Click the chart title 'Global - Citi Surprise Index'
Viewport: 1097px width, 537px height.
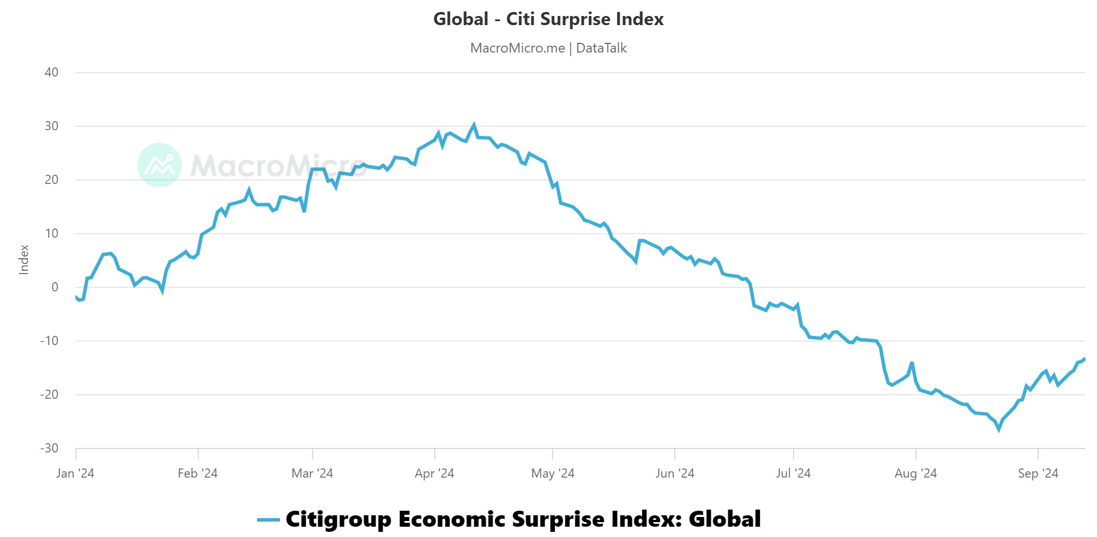pyautogui.click(x=548, y=19)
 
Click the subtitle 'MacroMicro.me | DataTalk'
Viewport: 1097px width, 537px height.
pyautogui.click(x=548, y=48)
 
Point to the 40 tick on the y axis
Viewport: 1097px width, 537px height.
pyautogui.click(x=51, y=73)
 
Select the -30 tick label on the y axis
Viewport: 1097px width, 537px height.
pyautogui.click(x=49, y=448)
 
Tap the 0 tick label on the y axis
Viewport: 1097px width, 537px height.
pyautogui.click(x=55, y=287)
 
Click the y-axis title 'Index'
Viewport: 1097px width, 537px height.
pyautogui.click(x=24, y=260)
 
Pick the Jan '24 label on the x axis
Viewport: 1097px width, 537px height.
pyautogui.click(x=75, y=474)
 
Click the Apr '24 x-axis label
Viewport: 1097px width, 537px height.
pyautogui.click(x=434, y=474)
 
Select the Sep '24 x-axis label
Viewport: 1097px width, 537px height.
pyautogui.click(x=1038, y=474)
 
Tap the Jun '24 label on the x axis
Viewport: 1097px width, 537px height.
pyautogui.click(x=674, y=474)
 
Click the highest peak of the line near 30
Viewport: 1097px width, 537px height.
pyautogui.click(x=474, y=125)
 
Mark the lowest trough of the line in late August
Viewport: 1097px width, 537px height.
pyautogui.click(x=999, y=429)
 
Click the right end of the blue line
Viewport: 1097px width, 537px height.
pyautogui.click(x=1084, y=359)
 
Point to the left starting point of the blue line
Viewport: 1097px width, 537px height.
pyautogui.click(x=76, y=296)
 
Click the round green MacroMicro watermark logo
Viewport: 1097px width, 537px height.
pyautogui.click(x=159, y=165)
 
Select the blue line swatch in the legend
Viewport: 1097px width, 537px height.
pyautogui.click(x=268, y=520)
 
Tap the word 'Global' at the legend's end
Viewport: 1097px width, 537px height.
pyautogui.click(x=724, y=520)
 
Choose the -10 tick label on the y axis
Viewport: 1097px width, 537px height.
pyautogui.click(x=49, y=341)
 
